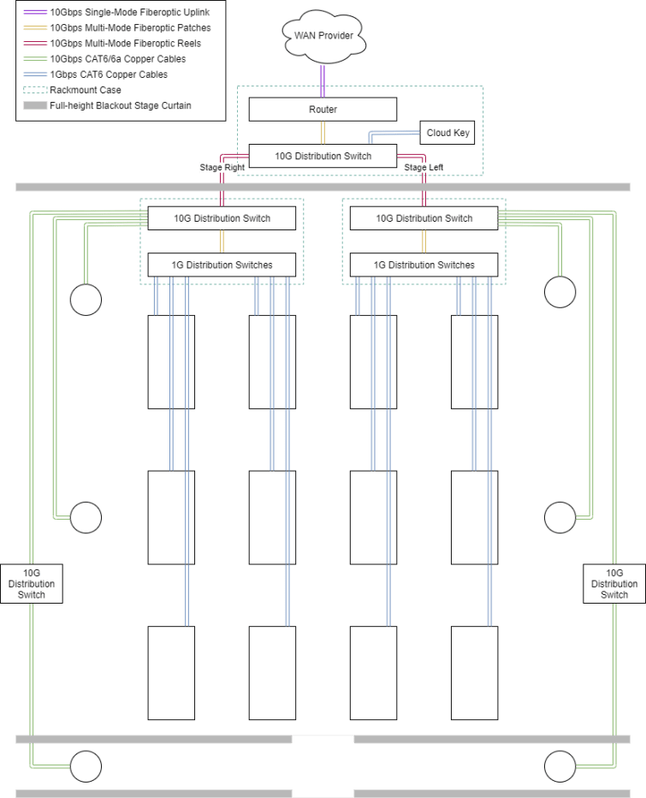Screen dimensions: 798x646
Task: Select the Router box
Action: (x=323, y=110)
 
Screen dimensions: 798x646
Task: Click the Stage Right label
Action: (x=222, y=168)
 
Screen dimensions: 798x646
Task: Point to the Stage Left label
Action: (x=424, y=168)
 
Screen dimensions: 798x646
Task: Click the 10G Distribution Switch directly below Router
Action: (x=323, y=157)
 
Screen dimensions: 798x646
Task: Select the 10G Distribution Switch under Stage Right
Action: (x=222, y=218)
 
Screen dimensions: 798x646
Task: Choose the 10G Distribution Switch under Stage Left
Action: (x=424, y=218)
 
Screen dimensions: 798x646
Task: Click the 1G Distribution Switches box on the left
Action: (x=222, y=265)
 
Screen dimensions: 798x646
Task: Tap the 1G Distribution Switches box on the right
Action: (x=424, y=265)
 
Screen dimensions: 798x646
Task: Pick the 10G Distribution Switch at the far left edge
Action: (x=32, y=584)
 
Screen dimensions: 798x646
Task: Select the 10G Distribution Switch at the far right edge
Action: (x=613, y=584)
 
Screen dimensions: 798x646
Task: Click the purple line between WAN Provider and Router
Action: (x=323, y=80)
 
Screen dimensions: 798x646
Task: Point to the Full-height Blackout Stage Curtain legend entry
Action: (x=120, y=105)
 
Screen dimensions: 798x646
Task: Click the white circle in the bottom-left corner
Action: (x=86, y=765)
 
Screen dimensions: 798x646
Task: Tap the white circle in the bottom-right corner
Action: (x=560, y=765)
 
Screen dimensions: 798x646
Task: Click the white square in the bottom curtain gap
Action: (x=323, y=765)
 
